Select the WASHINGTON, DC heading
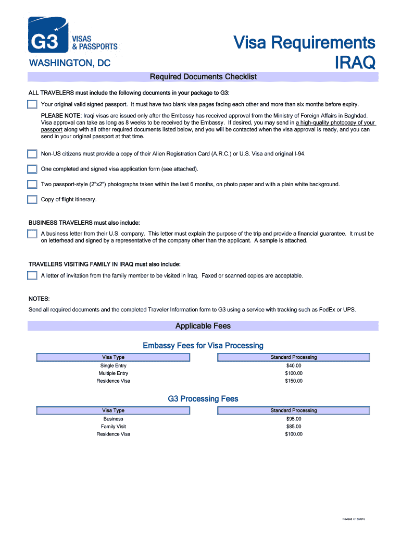point(69,63)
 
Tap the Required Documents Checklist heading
point(203,77)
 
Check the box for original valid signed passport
point(32,104)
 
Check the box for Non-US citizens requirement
point(32,154)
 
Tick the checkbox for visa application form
point(32,169)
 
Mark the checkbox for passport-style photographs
point(32,184)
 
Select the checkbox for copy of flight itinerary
point(32,199)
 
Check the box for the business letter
point(32,234)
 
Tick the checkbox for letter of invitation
point(32,275)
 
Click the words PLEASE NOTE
point(61,115)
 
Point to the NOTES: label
point(39,299)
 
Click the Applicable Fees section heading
point(203,326)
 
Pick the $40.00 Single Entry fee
point(294,366)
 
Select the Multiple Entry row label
point(113,373)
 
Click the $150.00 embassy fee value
point(294,381)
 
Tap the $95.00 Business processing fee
point(294,419)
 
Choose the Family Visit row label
point(113,427)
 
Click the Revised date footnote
point(354,519)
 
